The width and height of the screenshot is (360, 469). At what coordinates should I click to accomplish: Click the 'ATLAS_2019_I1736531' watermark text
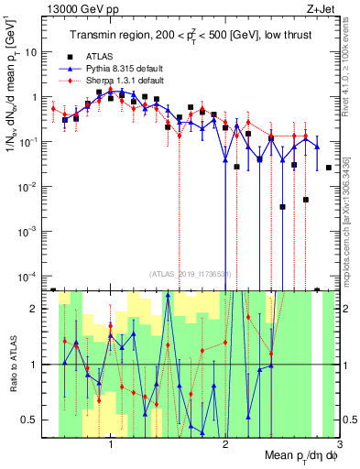[191, 272]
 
